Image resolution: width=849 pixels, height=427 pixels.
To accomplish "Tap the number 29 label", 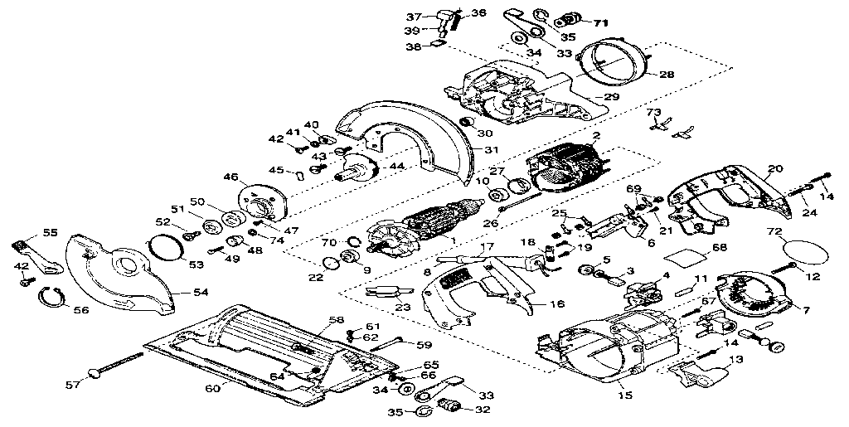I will pos(611,98).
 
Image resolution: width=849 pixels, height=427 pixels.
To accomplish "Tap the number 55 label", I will pos(50,234).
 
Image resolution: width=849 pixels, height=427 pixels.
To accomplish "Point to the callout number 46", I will pos(230,177).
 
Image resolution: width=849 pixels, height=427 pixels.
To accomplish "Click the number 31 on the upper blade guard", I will pos(492,150).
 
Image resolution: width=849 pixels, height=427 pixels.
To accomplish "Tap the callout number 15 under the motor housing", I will pos(626,396).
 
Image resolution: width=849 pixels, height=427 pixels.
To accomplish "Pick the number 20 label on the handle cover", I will pos(774,169).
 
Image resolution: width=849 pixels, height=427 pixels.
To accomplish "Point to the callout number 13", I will pos(736,360).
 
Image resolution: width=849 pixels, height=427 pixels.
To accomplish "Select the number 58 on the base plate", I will pos(336,319).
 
